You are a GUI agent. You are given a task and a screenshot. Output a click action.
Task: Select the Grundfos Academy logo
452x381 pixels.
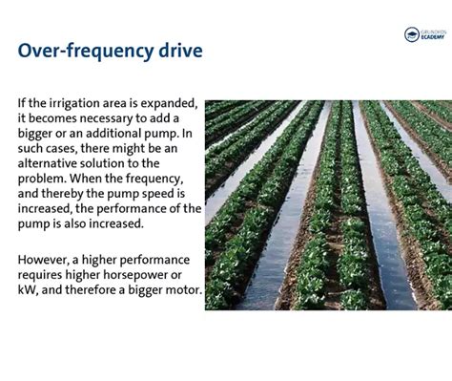pyautogui.click(x=424, y=35)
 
